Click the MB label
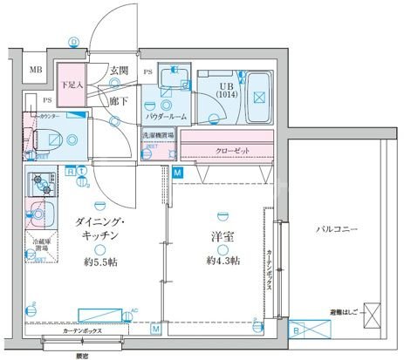[x=36, y=70]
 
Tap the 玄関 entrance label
[x=120, y=70]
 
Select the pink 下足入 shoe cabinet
[x=72, y=85]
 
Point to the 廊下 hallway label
[x=120, y=100]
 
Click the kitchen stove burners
[x=39, y=185]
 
